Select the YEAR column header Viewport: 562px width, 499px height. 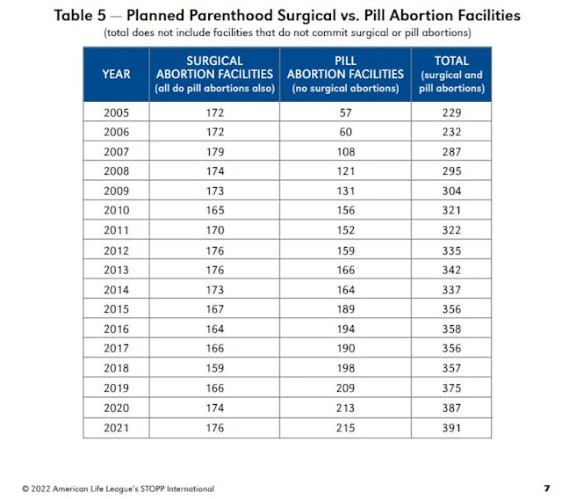[x=116, y=74]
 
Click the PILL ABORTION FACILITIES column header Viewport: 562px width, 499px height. [x=345, y=74]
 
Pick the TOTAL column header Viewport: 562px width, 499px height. [x=451, y=74]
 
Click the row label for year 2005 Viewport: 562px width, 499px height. [x=116, y=113]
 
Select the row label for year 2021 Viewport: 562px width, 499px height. [x=116, y=428]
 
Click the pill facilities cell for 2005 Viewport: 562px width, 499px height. [x=345, y=113]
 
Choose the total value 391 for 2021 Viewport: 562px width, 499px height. [x=451, y=428]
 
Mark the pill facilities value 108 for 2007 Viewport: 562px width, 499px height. [x=345, y=152]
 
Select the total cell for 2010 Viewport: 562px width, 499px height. [x=451, y=211]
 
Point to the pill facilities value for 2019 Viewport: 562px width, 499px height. [x=345, y=388]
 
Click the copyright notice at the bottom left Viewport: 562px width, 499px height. [x=118, y=488]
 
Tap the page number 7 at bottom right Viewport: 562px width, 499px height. [x=546, y=488]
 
